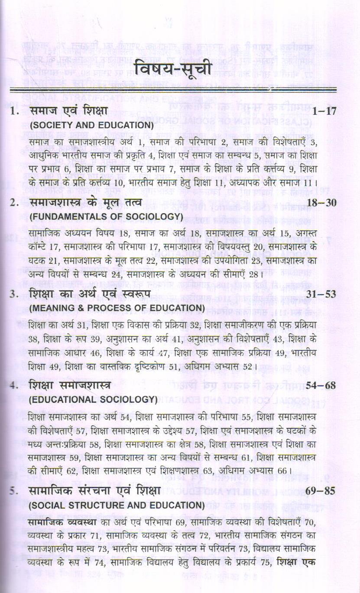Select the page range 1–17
(324, 111)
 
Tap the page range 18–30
(321, 203)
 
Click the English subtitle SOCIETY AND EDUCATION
(91, 125)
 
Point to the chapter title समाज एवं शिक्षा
(69, 111)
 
